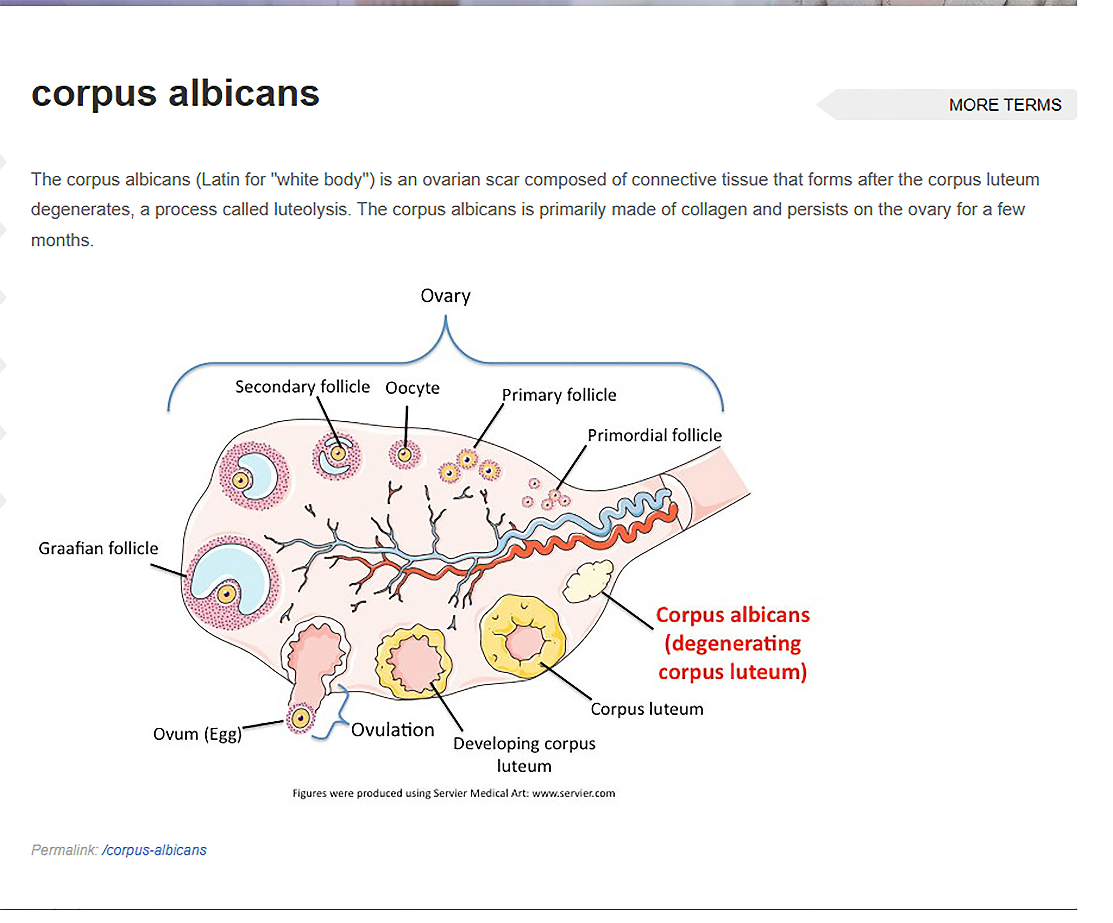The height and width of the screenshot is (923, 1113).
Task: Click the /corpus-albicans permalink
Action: (x=154, y=850)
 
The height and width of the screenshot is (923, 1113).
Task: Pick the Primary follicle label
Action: (x=559, y=395)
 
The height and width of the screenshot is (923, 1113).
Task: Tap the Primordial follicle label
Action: (x=654, y=435)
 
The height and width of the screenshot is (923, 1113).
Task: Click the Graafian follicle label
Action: (x=99, y=548)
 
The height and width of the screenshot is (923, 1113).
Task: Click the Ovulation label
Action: (x=392, y=730)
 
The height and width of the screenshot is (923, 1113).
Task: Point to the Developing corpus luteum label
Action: (x=524, y=754)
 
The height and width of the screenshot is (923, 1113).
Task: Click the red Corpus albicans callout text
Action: (x=732, y=643)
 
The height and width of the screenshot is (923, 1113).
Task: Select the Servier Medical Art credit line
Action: (x=454, y=793)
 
